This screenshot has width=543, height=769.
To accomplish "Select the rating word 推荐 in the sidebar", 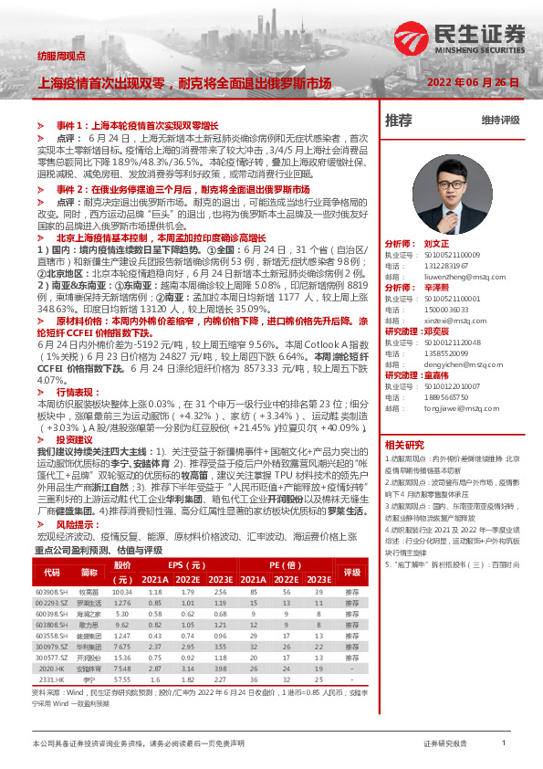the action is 398,121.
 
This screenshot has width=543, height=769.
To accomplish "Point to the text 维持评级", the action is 500,121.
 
